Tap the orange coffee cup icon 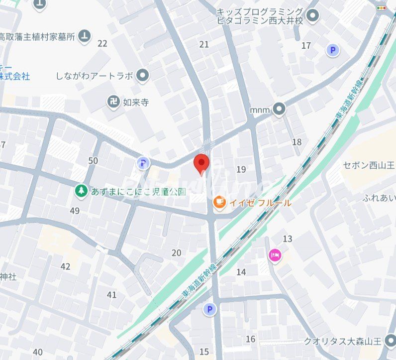219,202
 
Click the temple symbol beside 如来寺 114,103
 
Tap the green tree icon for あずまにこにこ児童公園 81,191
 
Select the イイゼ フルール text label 260,203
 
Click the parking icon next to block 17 332,50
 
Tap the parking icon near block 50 143,163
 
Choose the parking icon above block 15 209,310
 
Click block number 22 102,44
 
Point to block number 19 241,170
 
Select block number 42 65,266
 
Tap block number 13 288,239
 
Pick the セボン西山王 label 369,165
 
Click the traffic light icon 382,8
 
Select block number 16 251,339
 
